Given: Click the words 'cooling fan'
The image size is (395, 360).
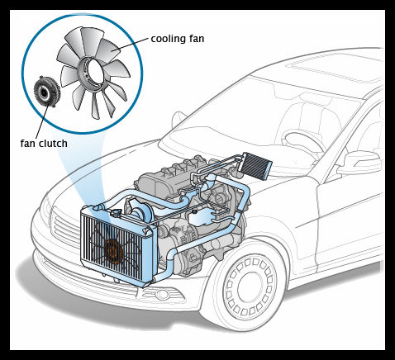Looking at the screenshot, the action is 178,39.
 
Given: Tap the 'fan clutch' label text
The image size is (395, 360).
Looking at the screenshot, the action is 44,144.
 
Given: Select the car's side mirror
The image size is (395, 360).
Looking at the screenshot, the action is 360,163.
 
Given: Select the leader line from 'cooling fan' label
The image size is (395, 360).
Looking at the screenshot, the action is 132,44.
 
